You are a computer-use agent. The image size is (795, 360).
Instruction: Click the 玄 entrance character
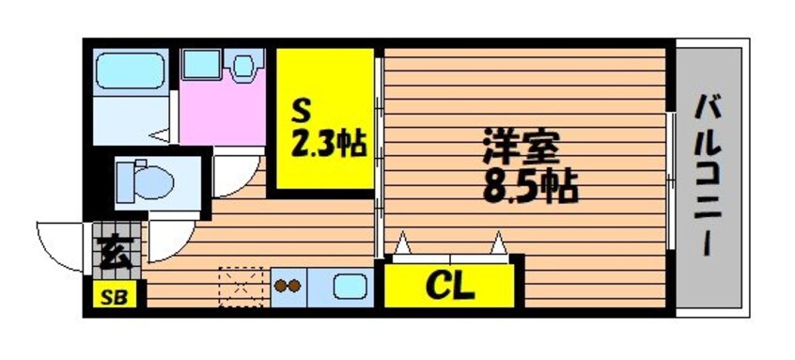tap(117, 254)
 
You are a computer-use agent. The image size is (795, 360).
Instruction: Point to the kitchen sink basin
tap(350, 288)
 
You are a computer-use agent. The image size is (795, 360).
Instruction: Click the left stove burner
tap(281, 287)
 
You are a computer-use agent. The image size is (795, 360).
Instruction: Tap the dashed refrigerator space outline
tap(241, 287)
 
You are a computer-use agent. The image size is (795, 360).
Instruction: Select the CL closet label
tap(450, 288)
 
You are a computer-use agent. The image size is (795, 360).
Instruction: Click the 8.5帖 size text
tap(530, 188)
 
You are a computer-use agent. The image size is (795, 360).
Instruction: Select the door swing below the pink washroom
tap(235, 176)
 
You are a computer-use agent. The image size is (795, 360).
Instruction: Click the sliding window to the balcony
tap(671, 180)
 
